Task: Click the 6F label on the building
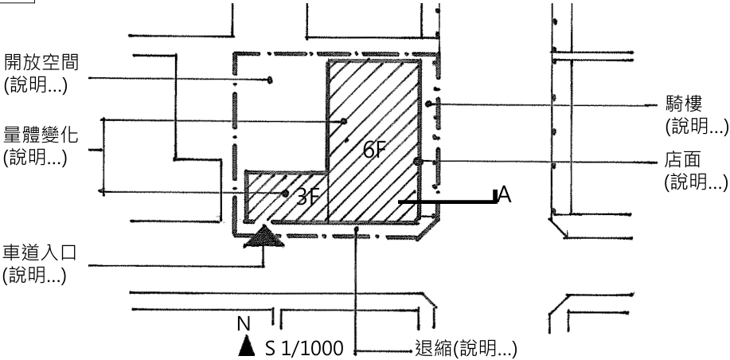[x=375, y=150]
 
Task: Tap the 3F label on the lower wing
[x=308, y=197]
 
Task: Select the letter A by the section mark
[x=505, y=194]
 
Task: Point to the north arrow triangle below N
[x=246, y=346]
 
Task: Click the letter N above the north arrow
[x=244, y=324]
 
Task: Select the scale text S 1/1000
[x=304, y=348]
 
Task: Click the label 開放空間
[x=41, y=62]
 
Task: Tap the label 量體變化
[x=41, y=135]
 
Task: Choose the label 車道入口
[x=40, y=253]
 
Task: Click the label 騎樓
[x=684, y=104]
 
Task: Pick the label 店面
[x=682, y=160]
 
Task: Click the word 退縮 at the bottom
[x=433, y=348]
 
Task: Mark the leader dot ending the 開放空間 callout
[x=270, y=80]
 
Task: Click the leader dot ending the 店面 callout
[x=418, y=162]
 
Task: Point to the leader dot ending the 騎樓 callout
[x=428, y=104]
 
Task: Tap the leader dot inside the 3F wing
[x=285, y=194]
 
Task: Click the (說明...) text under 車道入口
[x=34, y=276]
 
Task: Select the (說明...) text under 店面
[x=696, y=182]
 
